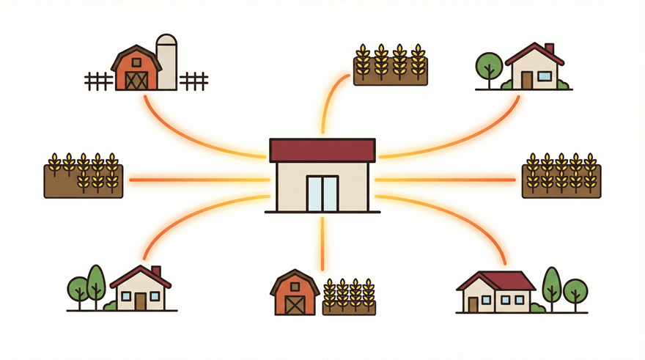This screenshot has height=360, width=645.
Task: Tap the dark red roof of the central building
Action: (x=322, y=150)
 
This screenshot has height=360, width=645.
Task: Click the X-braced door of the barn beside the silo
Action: (x=136, y=79)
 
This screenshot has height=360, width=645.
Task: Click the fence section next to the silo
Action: (x=193, y=81)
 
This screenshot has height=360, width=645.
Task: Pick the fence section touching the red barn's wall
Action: (x=98, y=81)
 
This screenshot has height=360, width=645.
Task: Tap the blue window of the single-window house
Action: (x=545, y=76)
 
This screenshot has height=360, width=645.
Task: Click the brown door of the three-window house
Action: (x=473, y=303)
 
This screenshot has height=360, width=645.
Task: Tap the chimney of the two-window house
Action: (x=155, y=271)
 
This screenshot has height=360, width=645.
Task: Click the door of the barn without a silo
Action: (x=295, y=303)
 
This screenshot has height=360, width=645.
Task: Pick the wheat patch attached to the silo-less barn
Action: (x=349, y=298)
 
